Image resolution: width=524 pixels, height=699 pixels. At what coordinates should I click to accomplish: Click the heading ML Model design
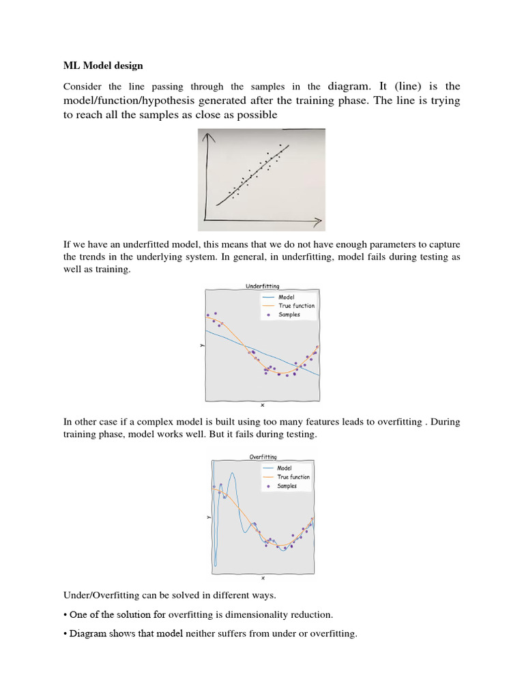[103, 66]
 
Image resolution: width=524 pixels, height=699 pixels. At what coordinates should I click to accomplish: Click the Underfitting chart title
[262, 287]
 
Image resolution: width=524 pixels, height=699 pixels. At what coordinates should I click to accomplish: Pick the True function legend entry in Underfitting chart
[296, 306]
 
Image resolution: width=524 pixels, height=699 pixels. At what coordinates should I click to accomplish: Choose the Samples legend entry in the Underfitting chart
[289, 315]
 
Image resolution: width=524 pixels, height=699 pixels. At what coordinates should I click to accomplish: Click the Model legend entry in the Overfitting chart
[285, 468]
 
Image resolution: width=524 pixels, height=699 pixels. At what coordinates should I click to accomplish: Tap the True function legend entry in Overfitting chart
[293, 477]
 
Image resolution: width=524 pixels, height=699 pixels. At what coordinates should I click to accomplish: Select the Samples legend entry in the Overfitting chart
[287, 486]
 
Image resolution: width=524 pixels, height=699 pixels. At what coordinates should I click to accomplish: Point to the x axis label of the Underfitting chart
[263, 405]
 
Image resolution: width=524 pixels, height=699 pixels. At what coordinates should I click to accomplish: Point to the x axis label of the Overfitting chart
[263, 578]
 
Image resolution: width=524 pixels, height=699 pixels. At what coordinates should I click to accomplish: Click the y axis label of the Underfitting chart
[202, 345]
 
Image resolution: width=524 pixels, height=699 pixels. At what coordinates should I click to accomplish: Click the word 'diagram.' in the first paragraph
[349, 87]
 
